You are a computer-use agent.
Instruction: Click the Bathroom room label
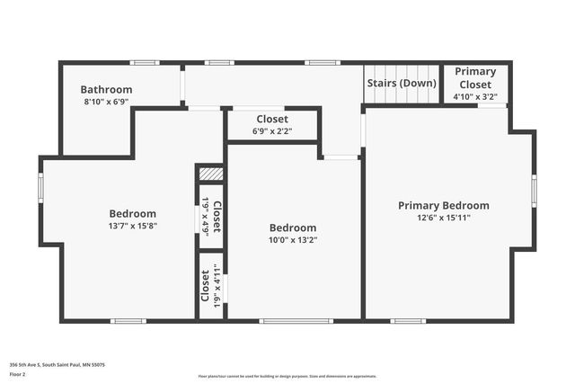[x=106, y=90]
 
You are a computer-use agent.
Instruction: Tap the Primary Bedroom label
[x=444, y=206]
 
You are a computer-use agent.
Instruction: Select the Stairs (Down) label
[x=402, y=84]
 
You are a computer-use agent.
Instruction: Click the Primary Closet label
[x=475, y=77]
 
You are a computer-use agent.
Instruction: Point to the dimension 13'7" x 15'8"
[x=133, y=227]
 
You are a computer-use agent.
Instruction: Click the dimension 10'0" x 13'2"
[x=292, y=240]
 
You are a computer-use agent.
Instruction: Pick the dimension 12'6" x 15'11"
[x=444, y=219]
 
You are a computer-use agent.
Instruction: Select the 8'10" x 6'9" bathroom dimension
[x=106, y=102]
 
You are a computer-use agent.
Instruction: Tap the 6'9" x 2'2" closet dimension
[x=272, y=131]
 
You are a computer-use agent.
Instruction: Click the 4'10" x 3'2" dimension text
[x=475, y=96]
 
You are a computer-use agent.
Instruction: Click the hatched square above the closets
[x=210, y=174]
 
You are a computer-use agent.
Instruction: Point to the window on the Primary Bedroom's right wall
[x=534, y=191]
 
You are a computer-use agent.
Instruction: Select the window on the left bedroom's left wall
[x=40, y=188]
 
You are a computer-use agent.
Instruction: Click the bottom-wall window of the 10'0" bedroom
[x=296, y=320]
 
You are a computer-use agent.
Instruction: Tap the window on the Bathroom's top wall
[x=145, y=63]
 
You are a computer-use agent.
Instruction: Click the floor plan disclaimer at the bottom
[x=287, y=377]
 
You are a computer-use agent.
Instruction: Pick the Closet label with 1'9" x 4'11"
[x=206, y=285]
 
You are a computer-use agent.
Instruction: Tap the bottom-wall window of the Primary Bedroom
[x=408, y=320]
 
